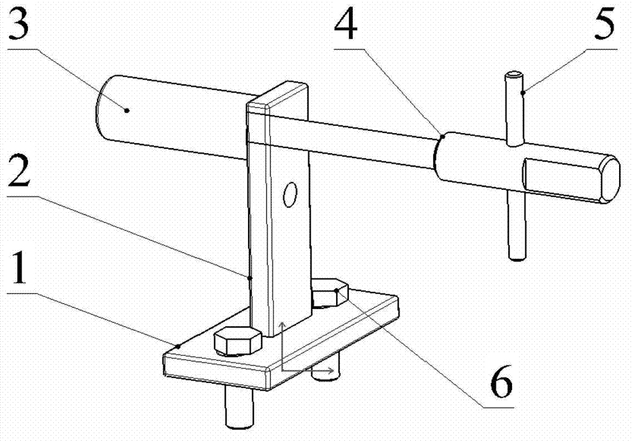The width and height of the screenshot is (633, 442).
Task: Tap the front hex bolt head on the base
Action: pos(238,341)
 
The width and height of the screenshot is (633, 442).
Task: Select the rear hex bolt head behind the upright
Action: pos(330,293)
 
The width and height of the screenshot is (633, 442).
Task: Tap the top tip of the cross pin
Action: pos(514,77)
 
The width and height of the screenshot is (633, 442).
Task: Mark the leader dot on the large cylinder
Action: pos(127,110)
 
